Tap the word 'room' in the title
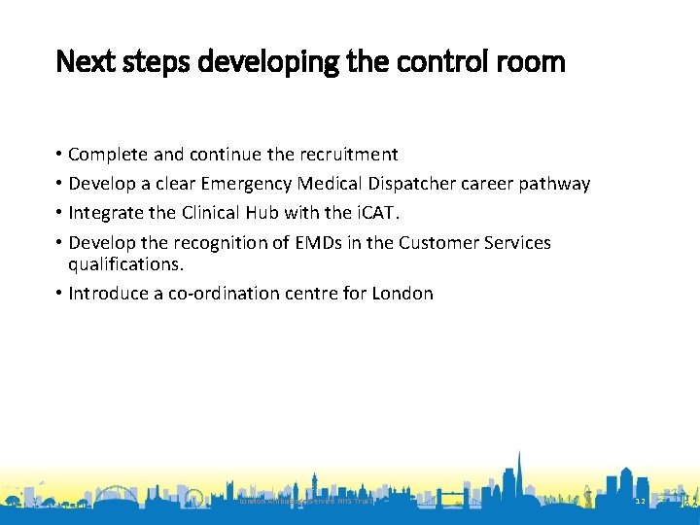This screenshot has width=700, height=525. pyautogui.click(x=533, y=62)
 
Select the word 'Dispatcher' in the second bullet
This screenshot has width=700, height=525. pyautogui.click(x=414, y=184)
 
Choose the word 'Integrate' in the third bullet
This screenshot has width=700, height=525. pyautogui.click(x=106, y=213)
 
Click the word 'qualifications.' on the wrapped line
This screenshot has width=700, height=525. pyautogui.click(x=126, y=263)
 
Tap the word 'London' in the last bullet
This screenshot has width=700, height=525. pyautogui.click(x=402, y=293)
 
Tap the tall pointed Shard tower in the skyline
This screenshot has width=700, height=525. pyautogui.click(x=519, y=476)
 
